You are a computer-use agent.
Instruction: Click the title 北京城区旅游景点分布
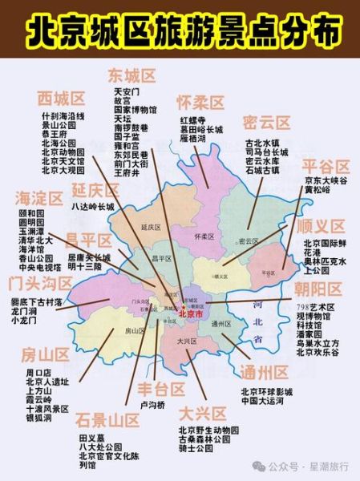tap(180, 33)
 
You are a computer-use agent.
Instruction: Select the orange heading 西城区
tap(61, 99)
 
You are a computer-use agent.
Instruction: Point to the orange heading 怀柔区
tap(200, 102)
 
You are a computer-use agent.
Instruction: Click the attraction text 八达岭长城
tap(93, 206)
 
